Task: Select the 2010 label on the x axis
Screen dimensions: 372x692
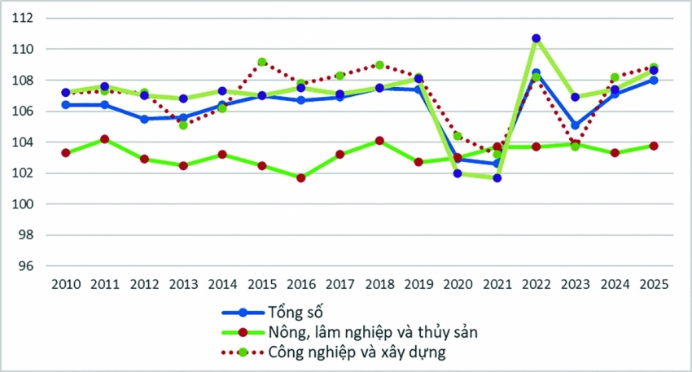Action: [65, 285]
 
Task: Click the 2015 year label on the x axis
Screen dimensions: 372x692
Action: [261, 285]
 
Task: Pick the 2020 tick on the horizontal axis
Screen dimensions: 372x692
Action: [458, 285]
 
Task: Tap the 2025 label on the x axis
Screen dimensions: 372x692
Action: [653, 285]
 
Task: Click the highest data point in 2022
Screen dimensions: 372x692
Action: [536, 38]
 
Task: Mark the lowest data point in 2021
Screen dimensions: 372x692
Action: [497, 177]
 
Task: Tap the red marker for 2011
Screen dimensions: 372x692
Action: [104, 139]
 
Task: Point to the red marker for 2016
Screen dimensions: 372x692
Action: [300, 177]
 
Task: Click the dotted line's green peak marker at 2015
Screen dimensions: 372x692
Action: [261, 62]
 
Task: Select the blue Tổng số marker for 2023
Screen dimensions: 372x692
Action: [575, 125]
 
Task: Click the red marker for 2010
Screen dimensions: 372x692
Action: [65, 153]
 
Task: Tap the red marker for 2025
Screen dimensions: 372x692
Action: [653, 146]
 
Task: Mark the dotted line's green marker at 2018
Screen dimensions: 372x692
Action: [379, 65]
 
